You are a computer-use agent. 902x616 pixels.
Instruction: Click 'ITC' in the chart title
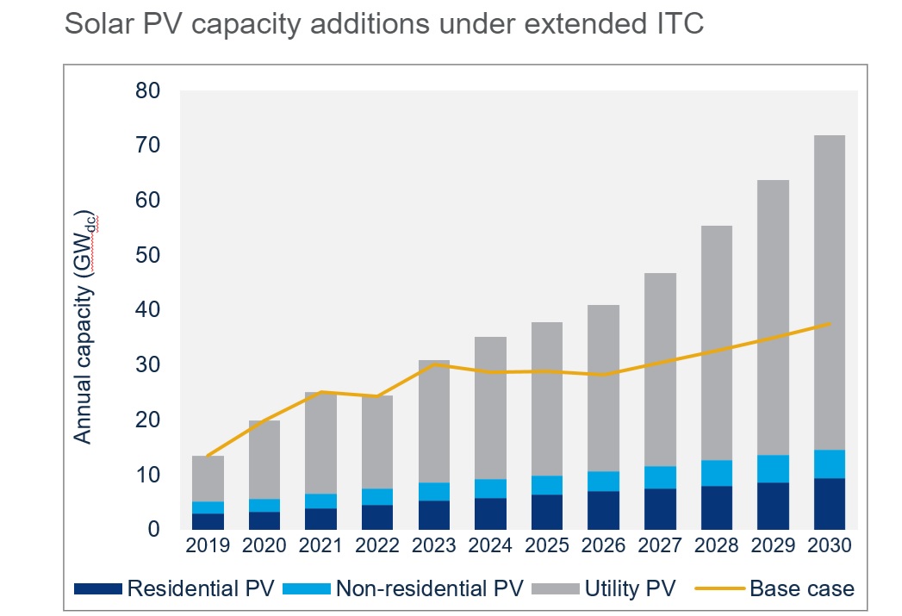[x=679, y=24]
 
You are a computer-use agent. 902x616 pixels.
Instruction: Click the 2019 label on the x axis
[x=208, y=546]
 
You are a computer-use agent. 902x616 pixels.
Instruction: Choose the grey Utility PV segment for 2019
[x=208, y=478]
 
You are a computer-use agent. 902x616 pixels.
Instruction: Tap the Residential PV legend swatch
[x=97, y=589]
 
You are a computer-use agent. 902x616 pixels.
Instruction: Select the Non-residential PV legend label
[x=427, y=589]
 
